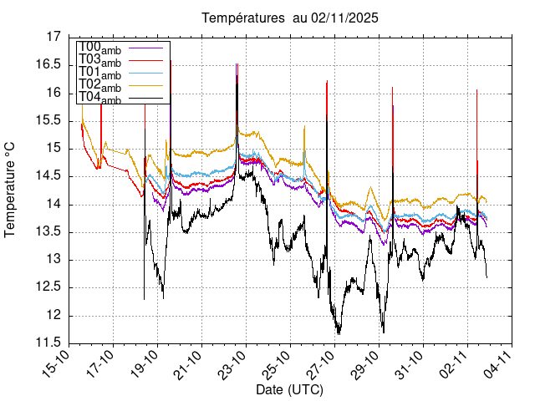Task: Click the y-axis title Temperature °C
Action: [x=11, y=190]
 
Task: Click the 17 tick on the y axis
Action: [x=54, y=37]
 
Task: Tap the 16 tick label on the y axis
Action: [x=54, y=93]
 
